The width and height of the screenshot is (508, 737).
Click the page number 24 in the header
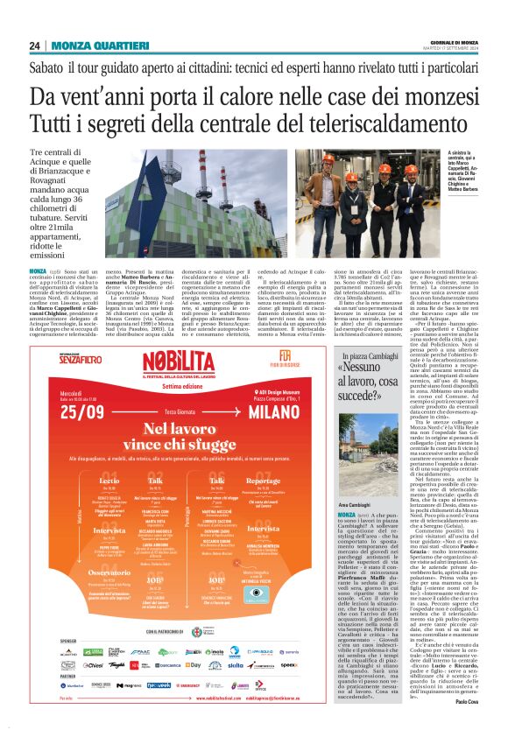point(34,46)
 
